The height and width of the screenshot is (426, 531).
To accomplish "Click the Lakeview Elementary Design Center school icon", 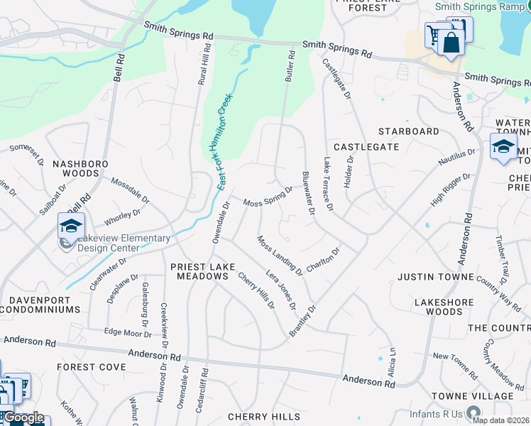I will pos(71,226).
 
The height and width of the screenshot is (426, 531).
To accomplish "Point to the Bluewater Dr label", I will pos(308,193).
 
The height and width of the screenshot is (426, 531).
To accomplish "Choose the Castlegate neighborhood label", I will pos(366,146).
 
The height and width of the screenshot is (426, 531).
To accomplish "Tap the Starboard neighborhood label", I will pos(408,131).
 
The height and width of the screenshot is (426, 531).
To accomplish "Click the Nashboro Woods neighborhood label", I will pos(81,168).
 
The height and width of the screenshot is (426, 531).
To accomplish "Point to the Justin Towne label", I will pos(434,276).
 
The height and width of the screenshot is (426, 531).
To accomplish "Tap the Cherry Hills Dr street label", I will pos(256,291).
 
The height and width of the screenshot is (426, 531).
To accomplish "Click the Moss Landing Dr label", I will pos(280,256).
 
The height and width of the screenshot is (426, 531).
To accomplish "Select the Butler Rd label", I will pos(290,65).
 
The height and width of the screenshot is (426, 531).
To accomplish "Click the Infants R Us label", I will pos(435,413).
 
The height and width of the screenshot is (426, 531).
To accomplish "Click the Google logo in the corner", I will pos(23,417).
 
